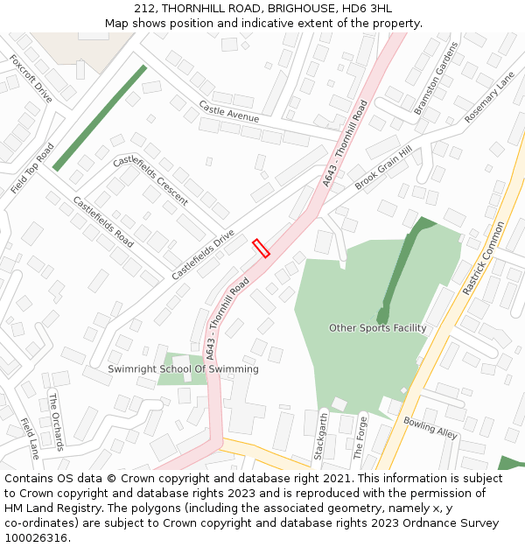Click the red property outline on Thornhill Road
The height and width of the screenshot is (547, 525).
point(261,248)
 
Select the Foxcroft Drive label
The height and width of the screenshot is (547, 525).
point(31,78)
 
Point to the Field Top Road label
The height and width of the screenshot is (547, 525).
point(32,168)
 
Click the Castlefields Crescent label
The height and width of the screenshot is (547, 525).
point(150,180)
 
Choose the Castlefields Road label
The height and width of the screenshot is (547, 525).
point(103,221)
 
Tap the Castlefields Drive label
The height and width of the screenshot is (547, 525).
point(203,255)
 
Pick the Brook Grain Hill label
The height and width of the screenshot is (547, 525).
point(383,168)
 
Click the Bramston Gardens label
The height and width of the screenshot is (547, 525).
point(436,78)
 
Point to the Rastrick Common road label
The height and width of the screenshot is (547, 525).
point(484,258)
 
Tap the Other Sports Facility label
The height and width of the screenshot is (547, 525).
point(378,328)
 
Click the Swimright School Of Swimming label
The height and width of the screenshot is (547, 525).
point(183,369)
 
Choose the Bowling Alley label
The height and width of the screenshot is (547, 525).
point(430,427)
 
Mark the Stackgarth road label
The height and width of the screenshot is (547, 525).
point(320,438)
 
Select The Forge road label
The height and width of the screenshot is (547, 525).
point(359,438)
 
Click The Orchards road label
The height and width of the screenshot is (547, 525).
point(56,422)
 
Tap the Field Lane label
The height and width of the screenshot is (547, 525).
point(30,438)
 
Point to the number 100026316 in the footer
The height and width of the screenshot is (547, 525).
point(34,538)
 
